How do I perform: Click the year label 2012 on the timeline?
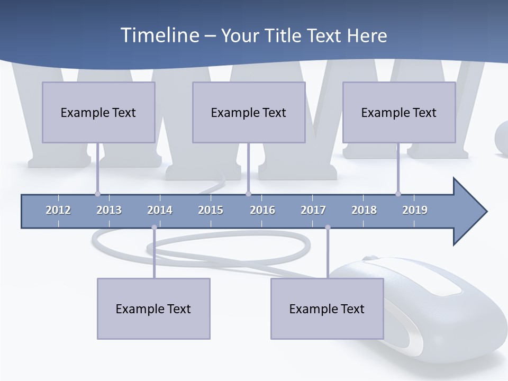point(58,210)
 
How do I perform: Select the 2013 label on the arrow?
point(109,210)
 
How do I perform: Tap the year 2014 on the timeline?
point(160,210)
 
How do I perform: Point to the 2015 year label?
point(211,210)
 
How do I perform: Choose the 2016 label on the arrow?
point(262,210)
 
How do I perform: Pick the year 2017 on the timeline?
point(313,210)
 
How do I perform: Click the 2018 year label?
point(364,210)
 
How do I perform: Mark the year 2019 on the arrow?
point(415,210)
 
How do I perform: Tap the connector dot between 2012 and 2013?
point(97,194)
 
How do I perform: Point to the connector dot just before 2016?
point(248,194)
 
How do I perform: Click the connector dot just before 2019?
point(398,194)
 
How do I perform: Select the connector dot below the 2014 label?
point(154,228)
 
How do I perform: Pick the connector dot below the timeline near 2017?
point(328,228)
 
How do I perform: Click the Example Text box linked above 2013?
point(98,112)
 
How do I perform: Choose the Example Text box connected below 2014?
point(153,309)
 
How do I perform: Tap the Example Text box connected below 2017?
point(327,309)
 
